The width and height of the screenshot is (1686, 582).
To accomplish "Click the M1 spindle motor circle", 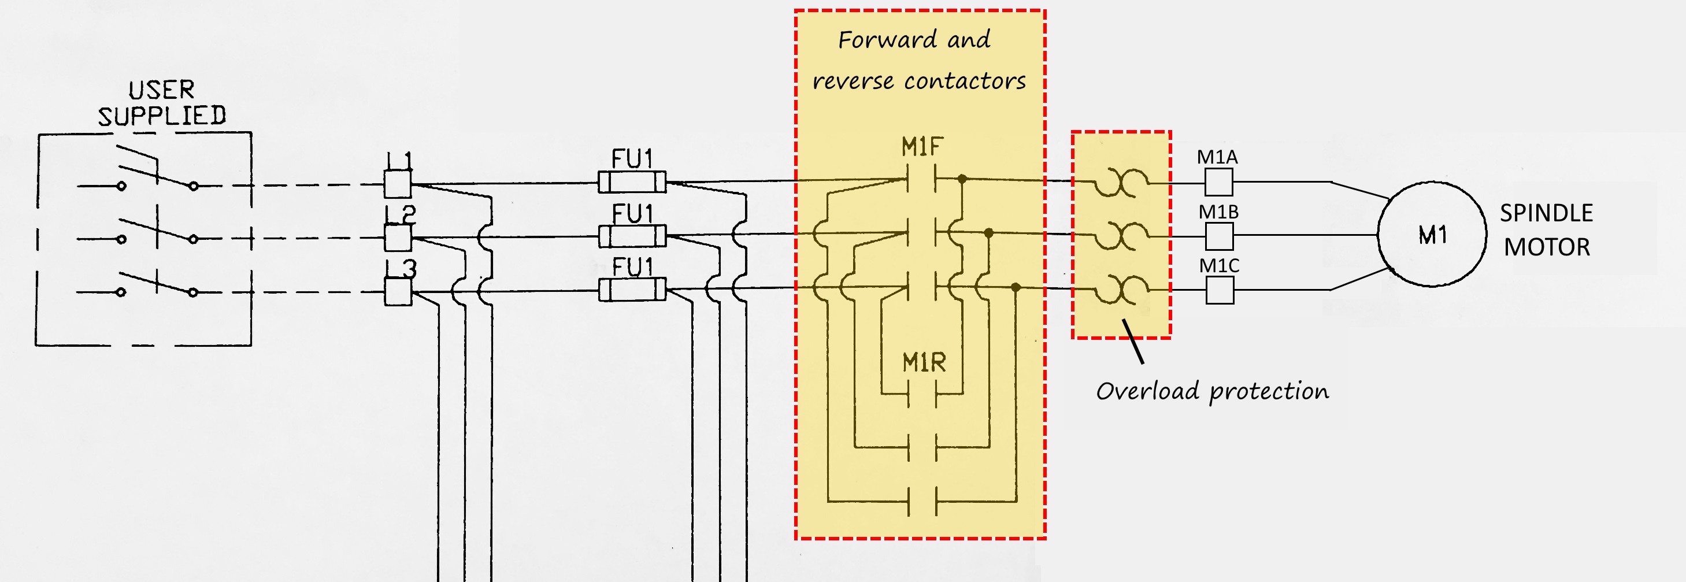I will coord(1432,235).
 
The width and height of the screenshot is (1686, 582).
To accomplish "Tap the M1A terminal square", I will coord(1218,182).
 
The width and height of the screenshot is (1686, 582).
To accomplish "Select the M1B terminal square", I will coord(1218,236).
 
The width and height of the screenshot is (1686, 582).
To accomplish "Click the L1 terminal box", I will coord(397,184).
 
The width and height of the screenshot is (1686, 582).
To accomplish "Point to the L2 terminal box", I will coord(397,238).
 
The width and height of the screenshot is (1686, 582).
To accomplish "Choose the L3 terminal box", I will coord(397,291).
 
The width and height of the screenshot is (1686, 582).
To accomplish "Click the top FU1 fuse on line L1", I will coord(632,181).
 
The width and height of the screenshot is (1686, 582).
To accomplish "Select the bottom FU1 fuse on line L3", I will coord(632,290).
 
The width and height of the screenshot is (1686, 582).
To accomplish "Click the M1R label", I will coord(924,362).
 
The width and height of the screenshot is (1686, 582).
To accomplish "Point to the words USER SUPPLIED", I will coord(162,103).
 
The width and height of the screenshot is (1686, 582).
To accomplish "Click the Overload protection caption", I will coord(1212,391).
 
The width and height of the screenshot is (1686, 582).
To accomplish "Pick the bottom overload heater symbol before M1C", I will coord(1122,290).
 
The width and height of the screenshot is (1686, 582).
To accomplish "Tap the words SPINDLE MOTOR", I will coord(1547,230).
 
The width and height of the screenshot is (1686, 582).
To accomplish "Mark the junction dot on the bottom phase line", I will coord(1016,287).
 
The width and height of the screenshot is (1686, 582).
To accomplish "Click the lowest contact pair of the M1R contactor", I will coord(922,502).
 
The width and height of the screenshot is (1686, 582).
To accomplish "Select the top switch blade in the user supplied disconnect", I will coord(157,176).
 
